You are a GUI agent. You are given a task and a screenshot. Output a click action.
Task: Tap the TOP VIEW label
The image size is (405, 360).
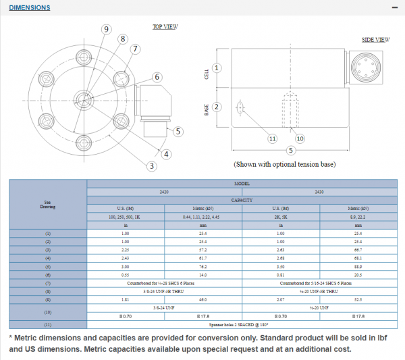click(x=165, y=27)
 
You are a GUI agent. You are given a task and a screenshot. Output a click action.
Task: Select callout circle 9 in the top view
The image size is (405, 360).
click(x=106, y=28)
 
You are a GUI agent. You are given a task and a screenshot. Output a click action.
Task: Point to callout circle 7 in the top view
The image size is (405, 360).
click(x=135, y=49)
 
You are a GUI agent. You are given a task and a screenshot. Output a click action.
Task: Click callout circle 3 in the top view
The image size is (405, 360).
click(x=152, y=166)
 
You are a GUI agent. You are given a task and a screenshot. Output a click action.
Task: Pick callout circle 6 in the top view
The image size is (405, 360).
click(x=157, y=76)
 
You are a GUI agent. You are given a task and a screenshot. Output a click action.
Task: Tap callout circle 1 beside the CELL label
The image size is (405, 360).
click(x=217, y=68)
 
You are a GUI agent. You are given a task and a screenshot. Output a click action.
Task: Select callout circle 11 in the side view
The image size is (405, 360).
click(x=273, y=138)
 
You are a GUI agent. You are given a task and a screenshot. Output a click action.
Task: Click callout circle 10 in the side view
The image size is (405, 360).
click(x=300, y=138)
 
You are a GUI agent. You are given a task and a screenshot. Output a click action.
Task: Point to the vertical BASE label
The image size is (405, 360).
click(x=207, y=109)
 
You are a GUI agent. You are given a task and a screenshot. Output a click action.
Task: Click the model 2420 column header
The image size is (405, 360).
click(x=164, y=191)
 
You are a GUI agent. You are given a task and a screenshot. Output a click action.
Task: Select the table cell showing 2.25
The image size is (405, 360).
click(x=126, y=249)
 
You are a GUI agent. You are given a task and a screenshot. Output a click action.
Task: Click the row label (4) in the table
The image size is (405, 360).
click(x=48, y=258)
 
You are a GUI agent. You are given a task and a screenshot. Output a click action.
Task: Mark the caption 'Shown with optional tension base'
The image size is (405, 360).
click(x=284, y=164)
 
